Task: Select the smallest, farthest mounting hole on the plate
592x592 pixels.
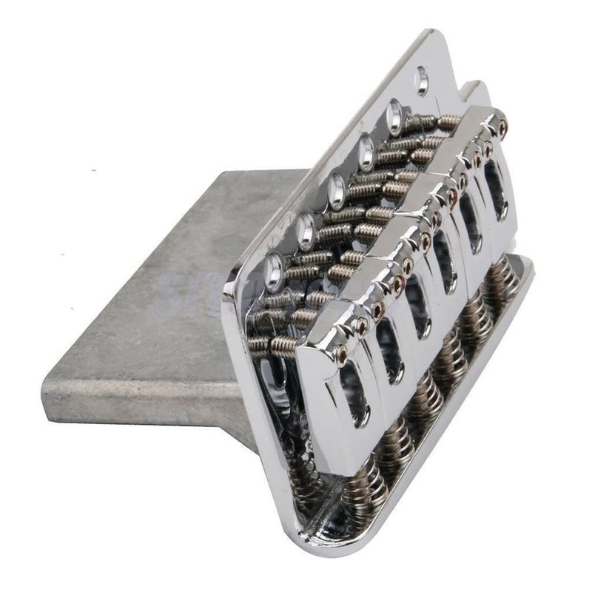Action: click(x=422, y=80)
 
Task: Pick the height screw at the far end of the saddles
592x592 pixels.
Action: click(x=502, y=127)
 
